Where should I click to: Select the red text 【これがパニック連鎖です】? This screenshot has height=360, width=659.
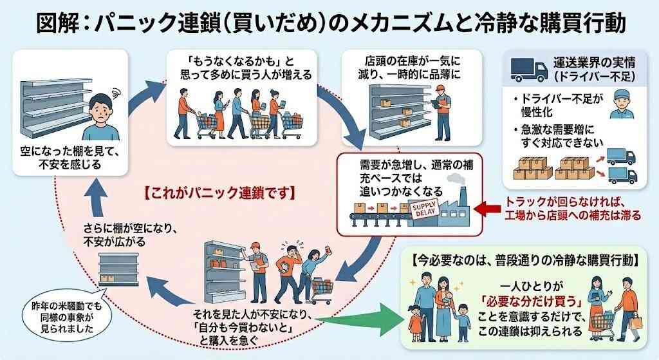click(x=219, y=193)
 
